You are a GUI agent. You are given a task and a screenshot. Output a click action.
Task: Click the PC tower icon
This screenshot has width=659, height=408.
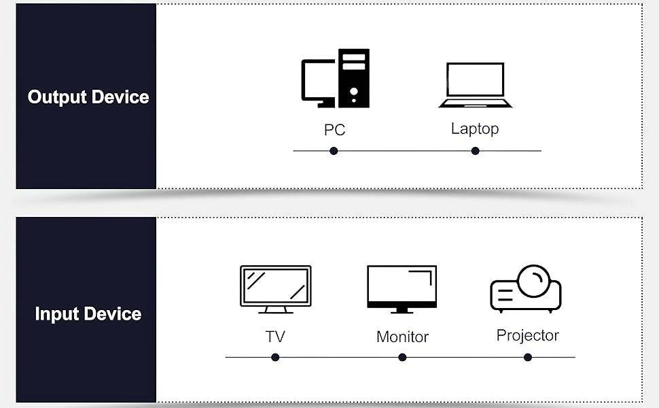[354, 78]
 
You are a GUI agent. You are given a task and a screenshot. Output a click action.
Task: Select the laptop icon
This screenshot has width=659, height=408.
[476, 85]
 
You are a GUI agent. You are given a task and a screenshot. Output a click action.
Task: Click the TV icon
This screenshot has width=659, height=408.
[276, 289]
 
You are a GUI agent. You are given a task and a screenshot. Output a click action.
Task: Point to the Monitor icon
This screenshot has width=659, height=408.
[402, 289]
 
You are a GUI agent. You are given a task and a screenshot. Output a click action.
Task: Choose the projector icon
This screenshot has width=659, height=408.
[526, 288]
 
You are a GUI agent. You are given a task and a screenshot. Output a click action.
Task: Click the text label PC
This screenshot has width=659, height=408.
[334, 130]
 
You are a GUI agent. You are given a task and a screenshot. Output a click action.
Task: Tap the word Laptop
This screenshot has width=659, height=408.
[475, 129]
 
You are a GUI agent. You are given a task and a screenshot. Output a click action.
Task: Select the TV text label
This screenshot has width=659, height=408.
[275, 337]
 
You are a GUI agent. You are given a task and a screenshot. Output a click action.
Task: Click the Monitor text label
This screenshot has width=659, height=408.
[403, 337]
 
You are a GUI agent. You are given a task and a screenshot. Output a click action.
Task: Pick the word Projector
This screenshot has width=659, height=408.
[528, 336]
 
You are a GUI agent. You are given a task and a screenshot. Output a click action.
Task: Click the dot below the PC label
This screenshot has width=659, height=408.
[334, 151]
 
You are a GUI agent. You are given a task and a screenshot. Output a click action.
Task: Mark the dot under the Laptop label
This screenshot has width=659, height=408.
[476, 151]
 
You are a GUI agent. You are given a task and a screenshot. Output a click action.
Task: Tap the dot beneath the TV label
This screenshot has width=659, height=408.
[275, 358]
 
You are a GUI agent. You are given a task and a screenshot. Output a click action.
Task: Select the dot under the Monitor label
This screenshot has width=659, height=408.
[402, 358]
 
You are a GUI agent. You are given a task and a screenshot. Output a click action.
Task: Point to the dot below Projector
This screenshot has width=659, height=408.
[528, 358]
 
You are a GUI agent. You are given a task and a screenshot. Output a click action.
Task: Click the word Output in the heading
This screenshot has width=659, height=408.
[57, 97]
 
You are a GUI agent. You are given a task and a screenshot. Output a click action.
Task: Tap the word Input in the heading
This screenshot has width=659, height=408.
[57, 314]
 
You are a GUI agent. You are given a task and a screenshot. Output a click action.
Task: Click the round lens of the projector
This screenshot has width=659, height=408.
[534, 281]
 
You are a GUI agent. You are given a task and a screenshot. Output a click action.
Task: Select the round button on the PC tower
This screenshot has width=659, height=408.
[354, 92]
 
